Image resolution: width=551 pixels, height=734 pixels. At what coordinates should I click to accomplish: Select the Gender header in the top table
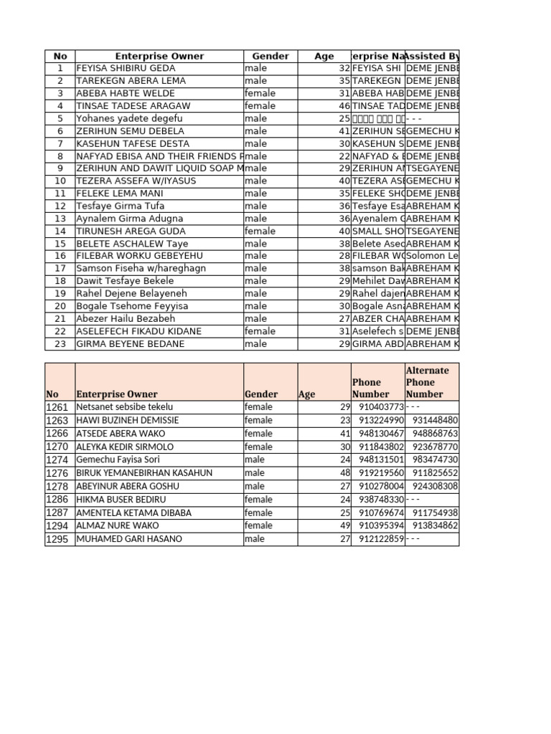[270, 56]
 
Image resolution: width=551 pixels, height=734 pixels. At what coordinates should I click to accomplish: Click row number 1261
[57, 407]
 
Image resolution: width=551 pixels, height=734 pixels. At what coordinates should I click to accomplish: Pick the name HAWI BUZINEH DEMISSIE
[127, 420]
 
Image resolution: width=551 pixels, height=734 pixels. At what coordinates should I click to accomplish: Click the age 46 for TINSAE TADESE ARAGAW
[344, 106]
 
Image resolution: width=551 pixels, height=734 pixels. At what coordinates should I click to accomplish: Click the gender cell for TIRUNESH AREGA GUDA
[260, 231]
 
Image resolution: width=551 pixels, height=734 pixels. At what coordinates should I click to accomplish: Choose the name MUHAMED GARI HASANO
[128, 539]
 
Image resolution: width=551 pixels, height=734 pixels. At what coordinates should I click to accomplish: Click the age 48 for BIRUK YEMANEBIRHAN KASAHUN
[344, 473]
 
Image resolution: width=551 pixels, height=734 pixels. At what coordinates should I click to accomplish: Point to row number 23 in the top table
[60, 344]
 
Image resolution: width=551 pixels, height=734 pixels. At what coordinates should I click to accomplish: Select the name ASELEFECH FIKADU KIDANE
[138, 331]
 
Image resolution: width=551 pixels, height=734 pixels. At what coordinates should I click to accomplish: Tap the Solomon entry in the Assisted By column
[432, 256]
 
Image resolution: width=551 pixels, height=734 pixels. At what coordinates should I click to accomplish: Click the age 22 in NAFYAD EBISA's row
[344, 156]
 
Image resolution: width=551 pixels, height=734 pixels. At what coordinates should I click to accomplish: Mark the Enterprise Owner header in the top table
[159, 56]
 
